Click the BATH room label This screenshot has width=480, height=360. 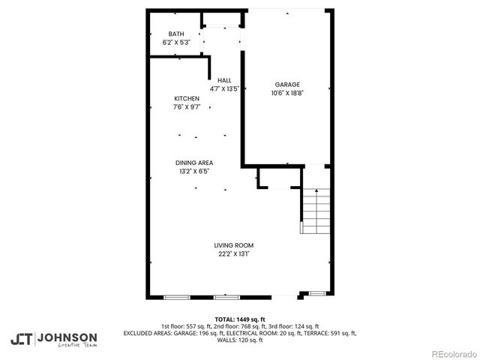(176, 34)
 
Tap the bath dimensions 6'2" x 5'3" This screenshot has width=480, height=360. (176, 42)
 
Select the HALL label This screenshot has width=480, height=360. (224, 80)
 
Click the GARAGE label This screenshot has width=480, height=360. (286, 84)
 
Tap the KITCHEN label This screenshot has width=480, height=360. (187, 99)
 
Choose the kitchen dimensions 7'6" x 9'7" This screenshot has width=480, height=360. (187, 107)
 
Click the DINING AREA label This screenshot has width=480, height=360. (194, 163)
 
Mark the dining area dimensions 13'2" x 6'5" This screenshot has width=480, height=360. (194, 171)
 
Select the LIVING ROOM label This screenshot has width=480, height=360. (234, 245)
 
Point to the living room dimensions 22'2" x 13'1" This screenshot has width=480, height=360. (234, 253)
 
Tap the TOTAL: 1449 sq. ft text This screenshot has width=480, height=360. (240, 319)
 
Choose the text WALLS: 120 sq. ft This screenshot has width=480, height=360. (240, 340)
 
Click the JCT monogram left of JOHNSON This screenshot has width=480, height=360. (21, 339)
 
